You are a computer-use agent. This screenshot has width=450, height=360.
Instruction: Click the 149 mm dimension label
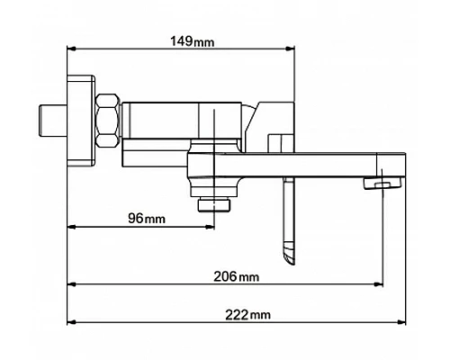[193, 41]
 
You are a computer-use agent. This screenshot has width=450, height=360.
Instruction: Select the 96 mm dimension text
[147, 218]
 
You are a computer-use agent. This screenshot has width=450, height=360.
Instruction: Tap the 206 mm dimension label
[236, 276]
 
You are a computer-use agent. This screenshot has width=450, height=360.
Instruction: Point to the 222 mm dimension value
[247, 315]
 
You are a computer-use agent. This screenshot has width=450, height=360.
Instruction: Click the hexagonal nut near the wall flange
[107, 121]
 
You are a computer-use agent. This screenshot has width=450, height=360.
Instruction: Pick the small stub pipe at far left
[53, 121]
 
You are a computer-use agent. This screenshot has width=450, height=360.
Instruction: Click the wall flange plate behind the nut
[81, 121]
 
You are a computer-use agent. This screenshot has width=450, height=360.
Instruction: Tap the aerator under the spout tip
[383, 183]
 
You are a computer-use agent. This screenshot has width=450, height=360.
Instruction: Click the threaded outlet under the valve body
[214, 205]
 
